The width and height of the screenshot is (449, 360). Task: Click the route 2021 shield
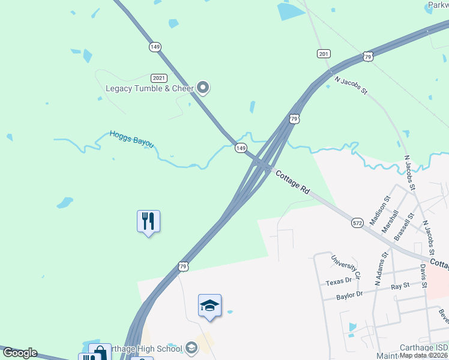click(159, 78)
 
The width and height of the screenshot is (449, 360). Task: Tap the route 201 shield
click(324, 54)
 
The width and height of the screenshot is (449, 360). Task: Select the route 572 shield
click(358, 223)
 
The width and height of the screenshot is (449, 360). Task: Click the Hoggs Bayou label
click(131, 139)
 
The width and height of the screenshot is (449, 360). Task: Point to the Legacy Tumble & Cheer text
click(149, 88)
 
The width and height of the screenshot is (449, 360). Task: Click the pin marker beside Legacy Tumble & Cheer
click(203, 88)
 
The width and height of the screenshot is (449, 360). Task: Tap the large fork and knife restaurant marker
click(148, 221)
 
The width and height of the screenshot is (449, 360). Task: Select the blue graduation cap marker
click(210, 305)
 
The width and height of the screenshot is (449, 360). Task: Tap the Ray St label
click(400, 286)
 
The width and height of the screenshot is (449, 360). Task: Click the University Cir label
click(346, 268)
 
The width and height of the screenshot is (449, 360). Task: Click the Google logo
click(19, 353)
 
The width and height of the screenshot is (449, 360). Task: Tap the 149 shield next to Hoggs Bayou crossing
click(241, 148)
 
